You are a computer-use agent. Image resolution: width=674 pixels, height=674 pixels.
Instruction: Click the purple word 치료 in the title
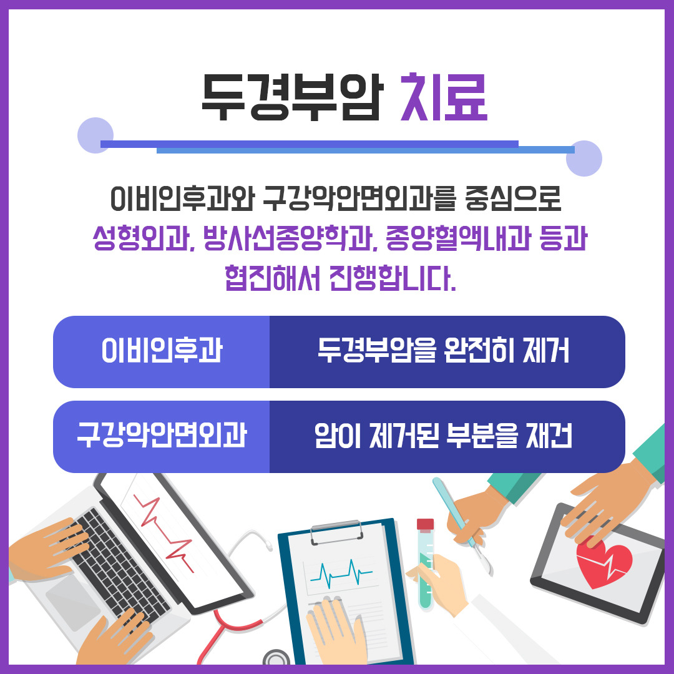(x=444, y=99)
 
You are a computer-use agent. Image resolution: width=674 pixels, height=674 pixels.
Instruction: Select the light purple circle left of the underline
(x=95, y=135)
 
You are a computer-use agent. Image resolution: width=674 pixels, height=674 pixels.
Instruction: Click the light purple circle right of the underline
(x=584, y=159)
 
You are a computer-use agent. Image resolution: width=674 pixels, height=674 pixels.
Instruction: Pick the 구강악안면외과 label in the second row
(x=162, y=437)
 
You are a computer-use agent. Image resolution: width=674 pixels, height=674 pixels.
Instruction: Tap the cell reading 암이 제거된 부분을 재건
(x=444, y=437)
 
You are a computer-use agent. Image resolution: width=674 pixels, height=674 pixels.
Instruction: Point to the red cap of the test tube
(x=425, y=524)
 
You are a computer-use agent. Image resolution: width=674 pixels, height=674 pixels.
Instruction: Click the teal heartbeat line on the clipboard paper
(x=340, y=570)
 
